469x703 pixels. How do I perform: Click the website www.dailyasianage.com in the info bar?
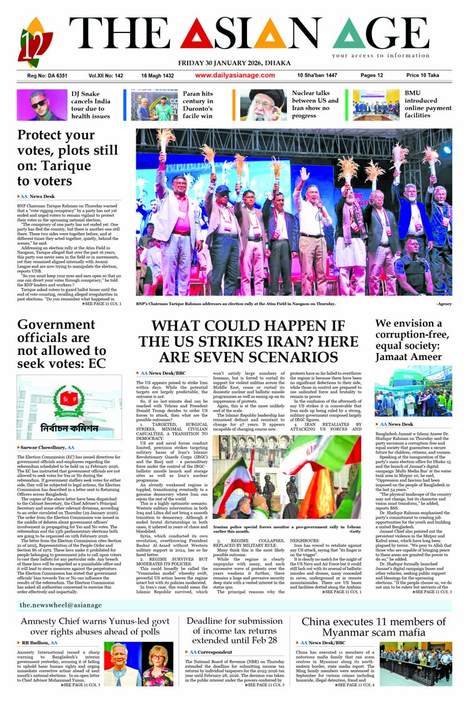(234, 76)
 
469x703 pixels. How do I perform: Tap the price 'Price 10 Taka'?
(422, 76)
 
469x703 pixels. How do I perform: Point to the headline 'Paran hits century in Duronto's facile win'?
(198, 104)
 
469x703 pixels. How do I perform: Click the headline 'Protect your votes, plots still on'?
(68, 157)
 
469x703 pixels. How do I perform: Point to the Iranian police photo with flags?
(286, 480)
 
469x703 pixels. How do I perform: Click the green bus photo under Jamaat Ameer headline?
(413, 391)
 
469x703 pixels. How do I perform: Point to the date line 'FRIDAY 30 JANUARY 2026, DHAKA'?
(234, 63)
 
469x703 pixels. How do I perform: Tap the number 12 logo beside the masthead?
(36, 42)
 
